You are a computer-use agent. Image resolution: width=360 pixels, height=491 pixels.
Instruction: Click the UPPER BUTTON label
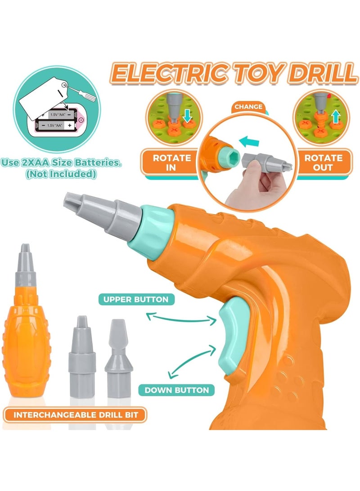pyautogui.click(x=135, y=299)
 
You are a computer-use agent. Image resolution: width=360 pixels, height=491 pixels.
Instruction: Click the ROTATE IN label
pyautogui.click(x=172, y=162)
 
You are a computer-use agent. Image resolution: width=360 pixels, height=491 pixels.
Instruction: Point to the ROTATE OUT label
pyautogui.click(x=324, y=162)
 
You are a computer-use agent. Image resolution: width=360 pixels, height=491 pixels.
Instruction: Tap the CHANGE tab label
pyautogui.click(x=248, y=107)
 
